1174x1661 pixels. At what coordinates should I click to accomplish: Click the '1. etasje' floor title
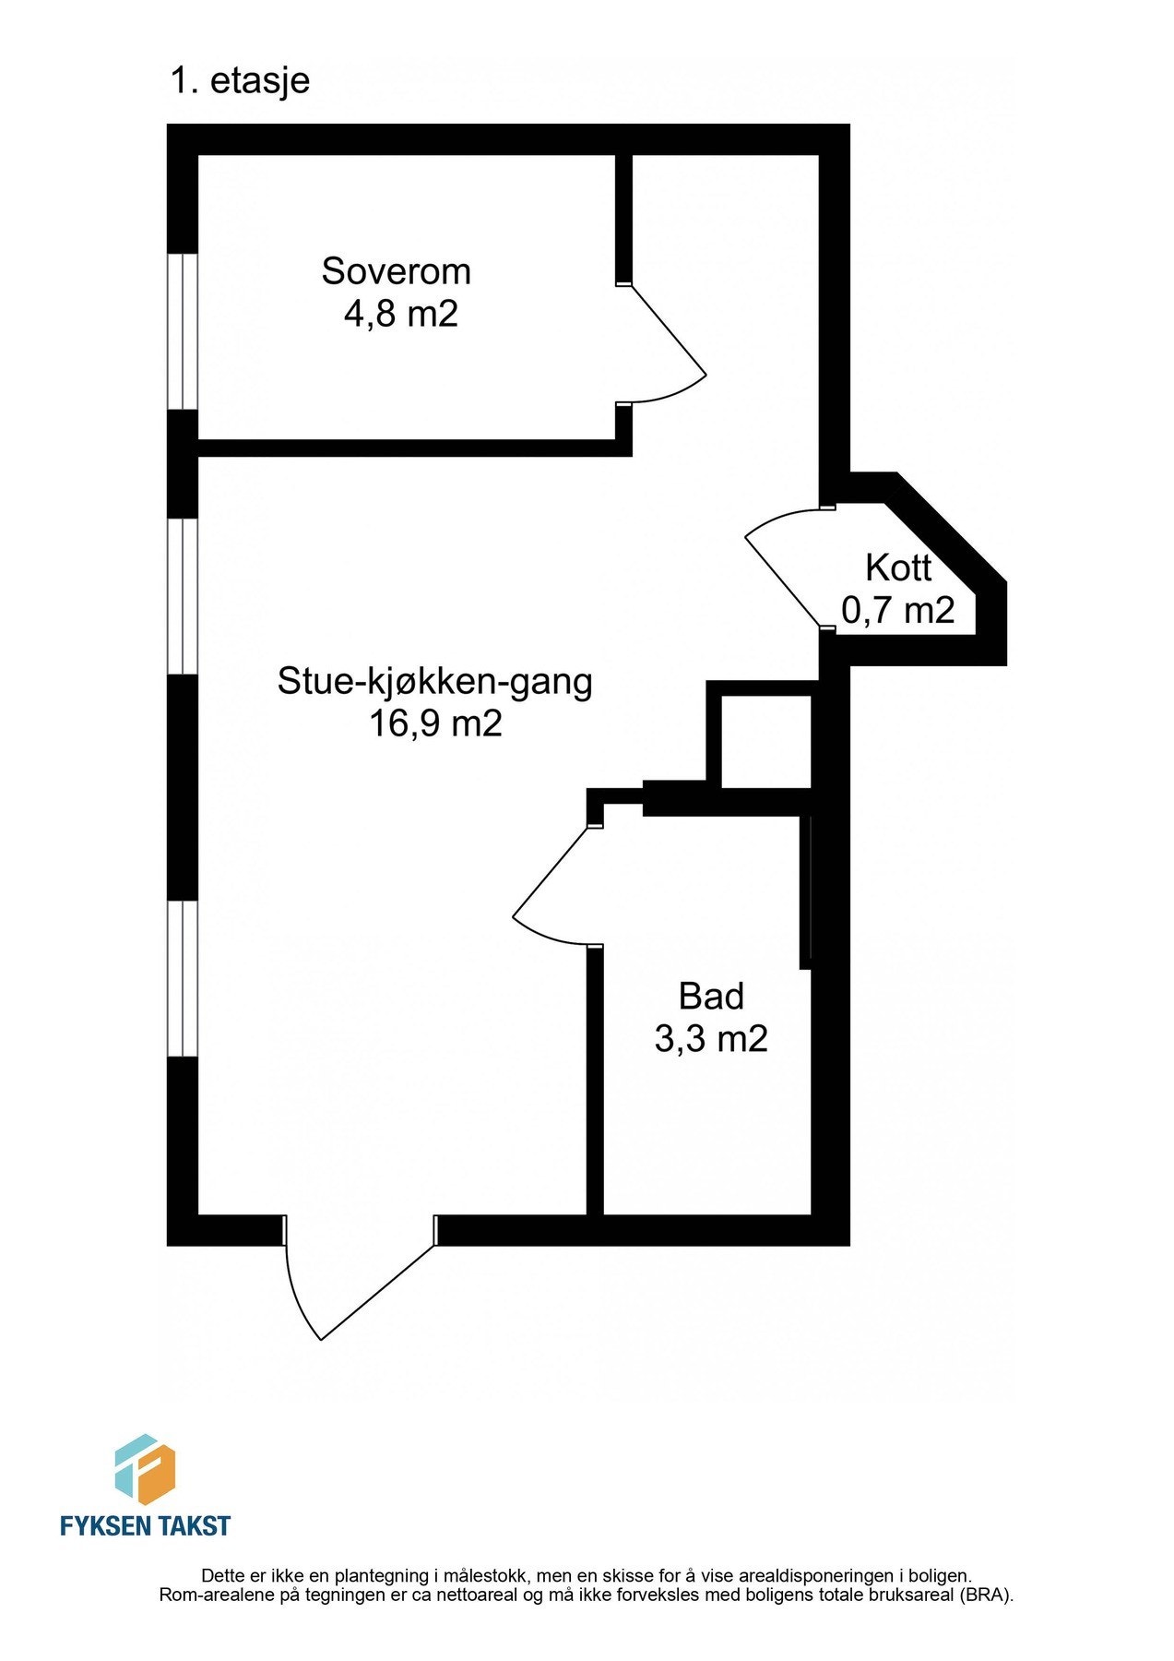(240, 81)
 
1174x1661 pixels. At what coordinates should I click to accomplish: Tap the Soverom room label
(396, 271)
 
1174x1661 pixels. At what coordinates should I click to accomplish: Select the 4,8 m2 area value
(400, 315)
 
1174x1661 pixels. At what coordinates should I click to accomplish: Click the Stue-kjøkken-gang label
(434, 682)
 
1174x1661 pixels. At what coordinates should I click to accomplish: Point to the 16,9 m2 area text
(435, 723)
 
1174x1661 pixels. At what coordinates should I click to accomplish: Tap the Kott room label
(898, 568)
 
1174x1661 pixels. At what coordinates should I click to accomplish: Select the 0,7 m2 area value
(897, 610)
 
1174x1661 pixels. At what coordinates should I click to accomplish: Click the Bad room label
(711, 997)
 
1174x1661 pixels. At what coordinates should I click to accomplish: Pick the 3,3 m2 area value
(711, 1040)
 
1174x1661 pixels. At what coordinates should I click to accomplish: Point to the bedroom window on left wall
(183, 331)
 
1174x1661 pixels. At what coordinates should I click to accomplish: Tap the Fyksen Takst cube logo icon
(145, 1470)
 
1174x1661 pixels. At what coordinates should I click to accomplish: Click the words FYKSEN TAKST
(145, 1526)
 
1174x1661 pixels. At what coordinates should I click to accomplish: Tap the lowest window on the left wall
(183, 978)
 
